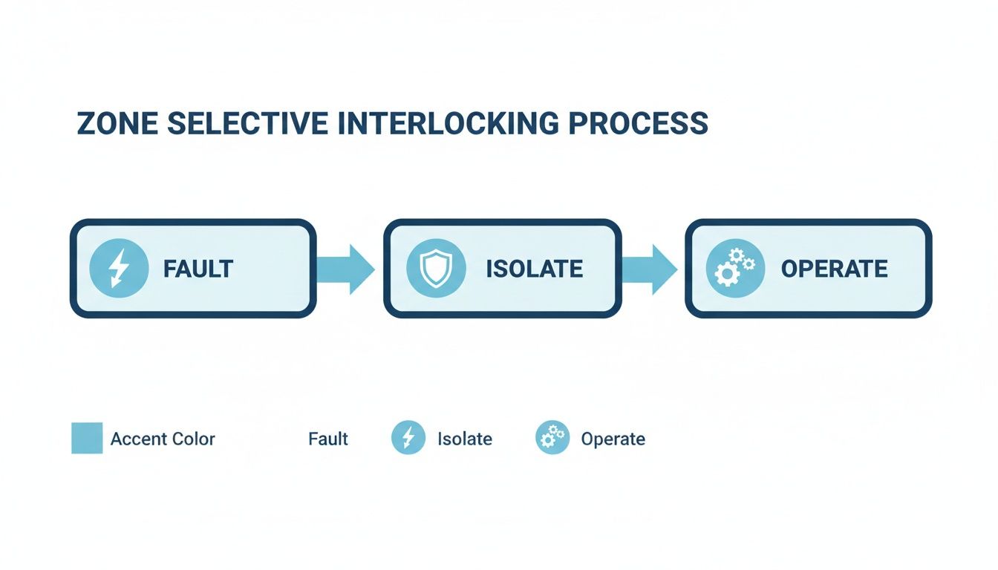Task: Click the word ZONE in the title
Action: tap(117, 124)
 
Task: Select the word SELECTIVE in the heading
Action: tap(247, 124)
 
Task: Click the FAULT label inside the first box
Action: tap(198, 269)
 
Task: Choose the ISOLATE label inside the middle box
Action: tap(534, 269)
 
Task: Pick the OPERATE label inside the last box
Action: tap(834, 269)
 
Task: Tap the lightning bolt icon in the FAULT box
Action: tap(117, 269)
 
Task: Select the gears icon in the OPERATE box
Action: tap(734, 269)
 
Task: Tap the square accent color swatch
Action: tap(87, 438)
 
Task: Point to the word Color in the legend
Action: tap(194, 439)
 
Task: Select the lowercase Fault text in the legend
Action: tap(328, 439)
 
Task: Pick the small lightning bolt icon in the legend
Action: tap(408, 438)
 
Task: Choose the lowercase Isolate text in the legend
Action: tap(465, 439)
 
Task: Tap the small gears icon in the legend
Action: tap(552, 438)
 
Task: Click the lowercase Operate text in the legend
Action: tap(613, 439)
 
